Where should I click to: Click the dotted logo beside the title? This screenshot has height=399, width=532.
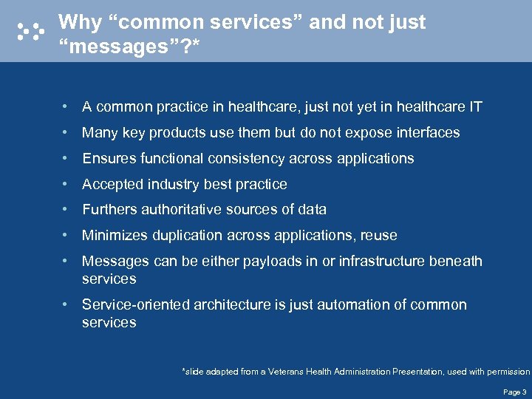tap(30, 30)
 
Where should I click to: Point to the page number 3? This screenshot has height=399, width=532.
tap(524, 392)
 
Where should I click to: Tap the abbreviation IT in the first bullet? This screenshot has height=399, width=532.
tap(475, 107)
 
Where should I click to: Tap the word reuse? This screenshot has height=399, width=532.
tap(379, 236)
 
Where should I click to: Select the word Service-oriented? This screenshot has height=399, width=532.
tap(136, 305)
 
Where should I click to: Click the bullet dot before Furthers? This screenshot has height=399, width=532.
tap(66, 210)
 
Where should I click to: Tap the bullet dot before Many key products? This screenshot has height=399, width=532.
tap(66, 133)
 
